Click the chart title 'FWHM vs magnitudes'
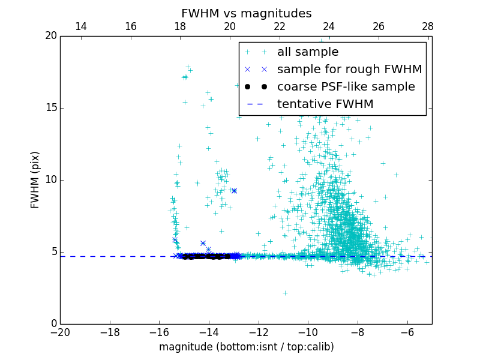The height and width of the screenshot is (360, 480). click(246, 13)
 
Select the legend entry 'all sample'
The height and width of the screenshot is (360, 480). click(308, 52)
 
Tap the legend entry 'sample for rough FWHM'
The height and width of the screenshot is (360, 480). click(349, 70)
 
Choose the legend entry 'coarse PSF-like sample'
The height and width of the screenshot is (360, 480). click(346, 87)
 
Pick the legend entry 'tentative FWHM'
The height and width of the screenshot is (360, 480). click(325, 104)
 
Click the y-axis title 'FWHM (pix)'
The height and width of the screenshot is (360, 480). click(35, 180)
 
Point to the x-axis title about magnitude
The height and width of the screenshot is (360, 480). click(246, 347)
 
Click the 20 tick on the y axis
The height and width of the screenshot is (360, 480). click(50, 36)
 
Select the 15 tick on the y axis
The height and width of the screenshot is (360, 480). click(50, 108)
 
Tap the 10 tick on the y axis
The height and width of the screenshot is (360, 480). click(50, 180)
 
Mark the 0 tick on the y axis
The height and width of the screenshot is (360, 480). click(53, 324)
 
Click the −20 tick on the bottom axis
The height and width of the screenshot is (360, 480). click(60, 332)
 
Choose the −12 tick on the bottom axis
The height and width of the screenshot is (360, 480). click(259, 332)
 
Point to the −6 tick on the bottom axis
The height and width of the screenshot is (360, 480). click(407, 332)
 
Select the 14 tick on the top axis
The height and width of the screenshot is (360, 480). click(80, 26)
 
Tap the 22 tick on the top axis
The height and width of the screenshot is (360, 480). click(279, 26)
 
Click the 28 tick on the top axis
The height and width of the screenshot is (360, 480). click(428, 26)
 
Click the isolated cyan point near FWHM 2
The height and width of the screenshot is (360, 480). click(285, 293)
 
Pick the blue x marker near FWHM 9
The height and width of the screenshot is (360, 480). click(234, 191)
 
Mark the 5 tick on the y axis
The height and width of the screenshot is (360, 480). click(53, 252)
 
